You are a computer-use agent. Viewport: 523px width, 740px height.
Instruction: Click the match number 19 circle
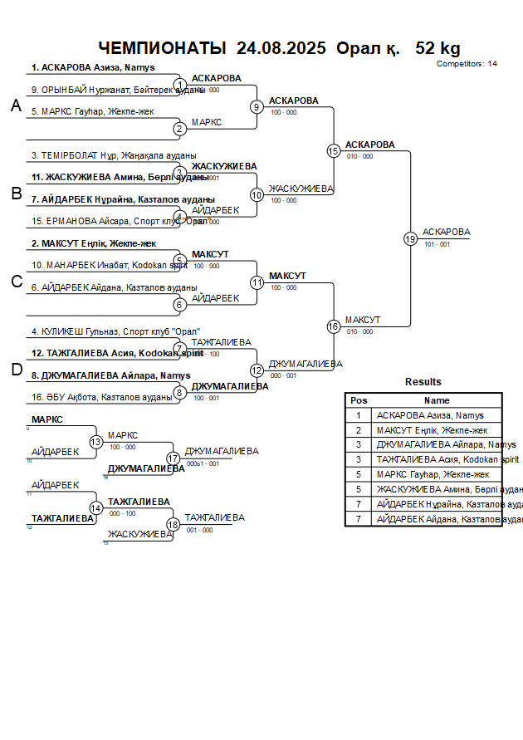click(410, 239)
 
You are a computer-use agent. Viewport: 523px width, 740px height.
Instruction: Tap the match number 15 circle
click(334, 151)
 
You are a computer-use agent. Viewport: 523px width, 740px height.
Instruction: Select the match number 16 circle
click(334, 326)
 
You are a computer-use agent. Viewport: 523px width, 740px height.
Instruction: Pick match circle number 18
click(174, 524)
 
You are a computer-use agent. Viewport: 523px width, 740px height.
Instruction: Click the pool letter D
click(16, 370)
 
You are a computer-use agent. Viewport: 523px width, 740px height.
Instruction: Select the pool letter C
click(16, 282)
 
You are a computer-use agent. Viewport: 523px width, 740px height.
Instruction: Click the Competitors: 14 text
click(467, 63)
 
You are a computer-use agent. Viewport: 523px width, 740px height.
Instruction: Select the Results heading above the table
click(423, 382)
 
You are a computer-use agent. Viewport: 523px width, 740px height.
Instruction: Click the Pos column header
click(359, 400)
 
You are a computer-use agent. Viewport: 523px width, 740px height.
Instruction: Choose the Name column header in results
click(437, 400)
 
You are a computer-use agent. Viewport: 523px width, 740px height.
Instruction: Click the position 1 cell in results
click(359, 415)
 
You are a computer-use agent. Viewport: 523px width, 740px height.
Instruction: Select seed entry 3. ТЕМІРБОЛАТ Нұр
click(114, 155)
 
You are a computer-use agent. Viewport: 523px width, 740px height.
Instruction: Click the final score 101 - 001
click(437, 245)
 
